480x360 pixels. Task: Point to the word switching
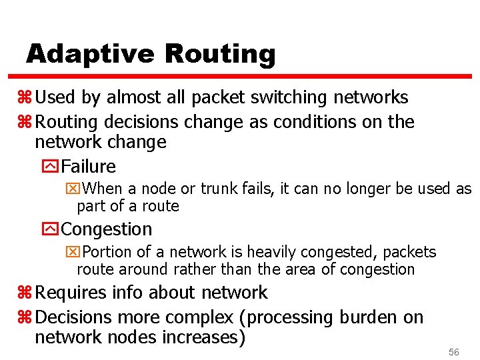click(x=289, y=97)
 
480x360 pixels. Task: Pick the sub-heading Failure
click(x=88, y=166)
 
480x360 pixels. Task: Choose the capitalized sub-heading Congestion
click(x=107, y=229)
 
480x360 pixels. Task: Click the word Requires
click(x=69, y=292)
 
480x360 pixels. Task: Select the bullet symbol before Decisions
click(x=27, y=317)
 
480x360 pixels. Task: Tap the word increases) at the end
click(x=203, y=337)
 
